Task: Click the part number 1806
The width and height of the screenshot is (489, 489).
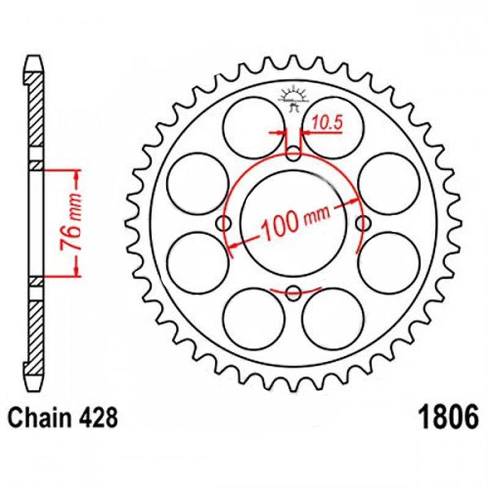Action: (x=449, y=417)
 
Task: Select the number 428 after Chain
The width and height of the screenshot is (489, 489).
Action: (x=98, y=417)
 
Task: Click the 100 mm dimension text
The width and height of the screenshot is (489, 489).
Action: (x=295, y=223)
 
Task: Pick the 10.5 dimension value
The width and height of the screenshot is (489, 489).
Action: (x=327, y=123)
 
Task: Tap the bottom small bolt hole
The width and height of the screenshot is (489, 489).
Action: (x=293, y=293)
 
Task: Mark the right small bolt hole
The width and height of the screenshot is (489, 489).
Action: (x=362, y=222)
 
